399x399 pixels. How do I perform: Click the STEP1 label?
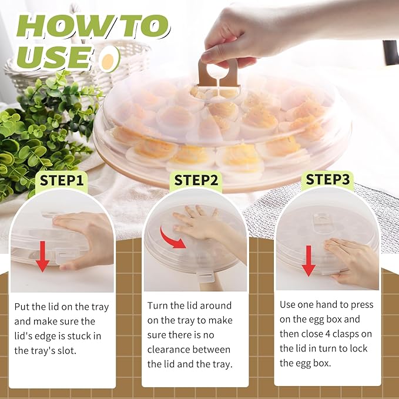(62, 179)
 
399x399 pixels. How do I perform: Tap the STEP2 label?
(196, 179)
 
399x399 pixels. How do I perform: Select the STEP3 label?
(328, 179)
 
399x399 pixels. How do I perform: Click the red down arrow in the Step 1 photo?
(42, 255)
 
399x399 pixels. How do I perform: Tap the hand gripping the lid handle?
(235, 35)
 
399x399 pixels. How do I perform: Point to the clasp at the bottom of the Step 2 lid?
(206, 274)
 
